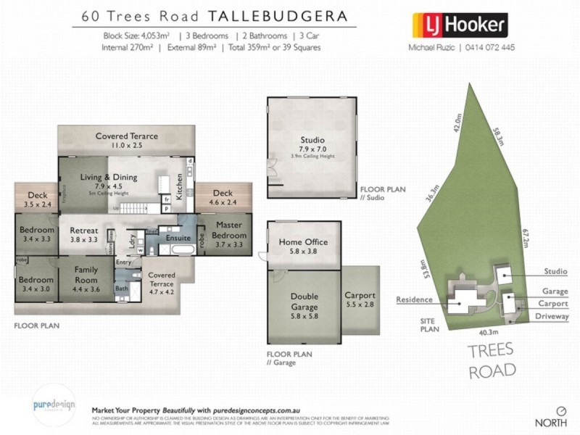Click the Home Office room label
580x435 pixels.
(303, 242)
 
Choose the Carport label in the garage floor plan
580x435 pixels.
(360, 296)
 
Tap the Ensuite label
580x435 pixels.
(178, 237)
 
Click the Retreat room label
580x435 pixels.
(84, 233)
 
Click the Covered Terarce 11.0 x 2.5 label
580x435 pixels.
(127, 136)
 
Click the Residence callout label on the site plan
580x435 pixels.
(414, 299)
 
